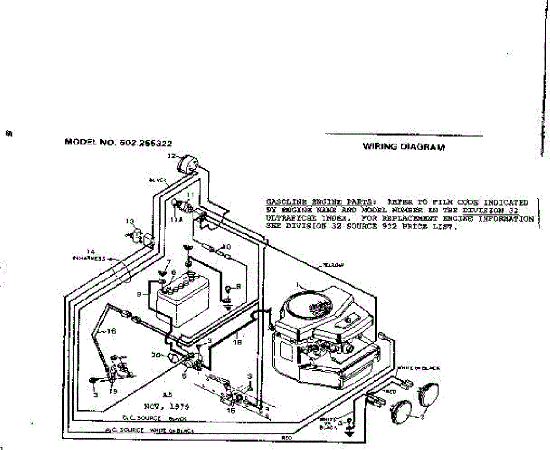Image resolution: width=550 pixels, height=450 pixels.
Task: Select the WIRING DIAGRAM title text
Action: click(x=404, y=147)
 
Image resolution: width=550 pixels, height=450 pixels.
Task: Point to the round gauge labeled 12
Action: click(x=187, y=163)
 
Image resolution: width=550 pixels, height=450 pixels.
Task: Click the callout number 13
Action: click(x=130, y=222)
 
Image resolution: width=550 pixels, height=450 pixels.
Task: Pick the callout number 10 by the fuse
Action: click(x=226, y=246)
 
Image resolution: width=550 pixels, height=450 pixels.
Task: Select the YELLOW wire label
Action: click(x=333, y=265)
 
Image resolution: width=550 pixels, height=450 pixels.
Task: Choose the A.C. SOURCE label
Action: click(x=125, y=430)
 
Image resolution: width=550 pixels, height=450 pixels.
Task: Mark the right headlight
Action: click(x=428, y=393)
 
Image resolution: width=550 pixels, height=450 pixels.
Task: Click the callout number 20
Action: click(x=156, y=355)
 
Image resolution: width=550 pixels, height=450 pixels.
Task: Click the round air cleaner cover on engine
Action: click(x=306, y=306)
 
